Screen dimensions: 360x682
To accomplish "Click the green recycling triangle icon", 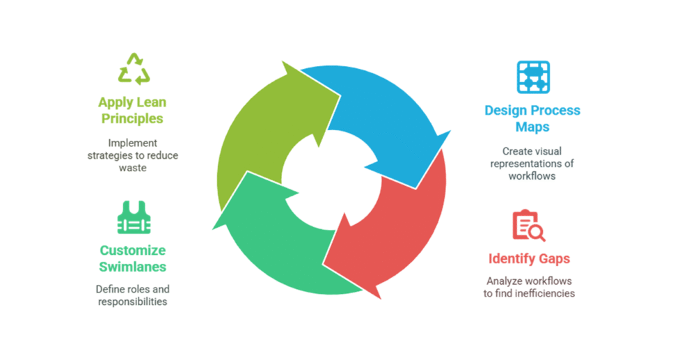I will click(x=132, y=69).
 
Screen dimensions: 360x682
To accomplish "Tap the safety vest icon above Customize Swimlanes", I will click(x=132, y=217).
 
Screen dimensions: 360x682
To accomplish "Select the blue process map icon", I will click(x=533, y=77).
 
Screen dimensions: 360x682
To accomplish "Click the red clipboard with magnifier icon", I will click(x=528, y=226).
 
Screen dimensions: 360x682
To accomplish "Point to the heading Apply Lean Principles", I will click(x=132, y=111).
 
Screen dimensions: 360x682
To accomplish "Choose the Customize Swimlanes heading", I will click(x=132, y=258).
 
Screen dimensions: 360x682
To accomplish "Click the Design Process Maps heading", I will click(x=532, y=118).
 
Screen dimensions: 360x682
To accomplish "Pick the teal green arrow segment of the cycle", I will click(x=278, y=244).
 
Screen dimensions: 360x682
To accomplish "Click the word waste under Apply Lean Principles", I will click(x=132, y=168).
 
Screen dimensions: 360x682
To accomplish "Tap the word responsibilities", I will click(x=132, y=302).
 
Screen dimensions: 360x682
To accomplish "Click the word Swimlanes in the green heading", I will click(x=132, y=267).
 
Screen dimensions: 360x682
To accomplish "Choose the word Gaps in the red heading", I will click(x=553, y=259).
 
